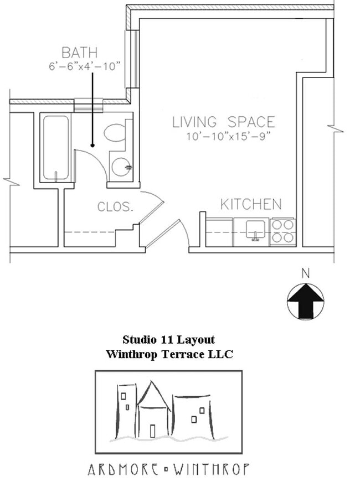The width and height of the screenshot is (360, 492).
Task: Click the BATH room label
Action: click(79, 53)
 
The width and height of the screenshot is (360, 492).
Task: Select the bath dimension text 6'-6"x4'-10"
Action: click(84, 67)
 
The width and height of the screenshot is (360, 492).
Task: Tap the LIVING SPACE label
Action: click(223, 122)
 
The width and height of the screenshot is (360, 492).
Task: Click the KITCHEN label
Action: click(250, 204)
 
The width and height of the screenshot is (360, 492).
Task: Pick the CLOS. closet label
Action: click(115, 207)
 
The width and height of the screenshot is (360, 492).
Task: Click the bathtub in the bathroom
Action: click(55, 148)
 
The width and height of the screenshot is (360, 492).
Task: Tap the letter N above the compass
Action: click(305, 273)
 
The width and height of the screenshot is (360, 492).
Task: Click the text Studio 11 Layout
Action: click(168, 339)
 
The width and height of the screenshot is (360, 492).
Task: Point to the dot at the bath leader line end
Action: click(92, 146)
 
